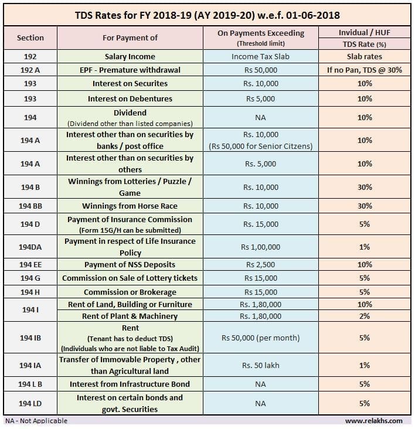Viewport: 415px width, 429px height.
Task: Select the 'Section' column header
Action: pyautogui.click(x=30, y=38)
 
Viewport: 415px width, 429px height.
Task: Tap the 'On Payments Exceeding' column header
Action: pyautogui.click(x=261, y=33)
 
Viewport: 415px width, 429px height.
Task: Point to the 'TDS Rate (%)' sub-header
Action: pyautogui.click(x=365, y=45)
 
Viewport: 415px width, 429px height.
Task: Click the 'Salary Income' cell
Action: pyautogui.click(x=130, y=57)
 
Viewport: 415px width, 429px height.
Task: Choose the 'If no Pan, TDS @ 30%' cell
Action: pyautogui.click(x=365, y=70)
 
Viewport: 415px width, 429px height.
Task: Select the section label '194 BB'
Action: pyautogui.click(x=30, y=206)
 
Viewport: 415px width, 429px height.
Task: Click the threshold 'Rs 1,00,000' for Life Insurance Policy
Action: pyautogui.click(x=260, y=247)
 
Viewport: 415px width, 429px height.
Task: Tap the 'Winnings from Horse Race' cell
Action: pyautogui.click(x=130, y=206)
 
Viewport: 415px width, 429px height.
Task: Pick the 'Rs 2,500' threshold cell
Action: pyautogui.click(x=260, y=265)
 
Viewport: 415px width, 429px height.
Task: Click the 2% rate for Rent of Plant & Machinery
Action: pyautogui.click(x=365, y=316)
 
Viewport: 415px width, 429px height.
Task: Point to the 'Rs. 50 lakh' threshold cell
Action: pyautogui.click(x=260, y=366)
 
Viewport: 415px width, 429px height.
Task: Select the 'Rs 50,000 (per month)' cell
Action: pyautogui.click(x=260, y=338)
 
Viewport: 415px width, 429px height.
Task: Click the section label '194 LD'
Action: pyautogui.click(x=30, y=404)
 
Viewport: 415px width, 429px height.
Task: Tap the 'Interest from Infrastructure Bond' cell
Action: pyautogui.click(x=130, y=384)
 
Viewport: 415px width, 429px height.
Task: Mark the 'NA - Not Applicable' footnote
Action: pyautogui.click(x=36, y=421)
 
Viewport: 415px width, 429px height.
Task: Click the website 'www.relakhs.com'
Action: pyautogui.click(x=374, y=421)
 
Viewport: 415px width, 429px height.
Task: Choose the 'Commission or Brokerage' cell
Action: pyautogui.click(x=130, y=292)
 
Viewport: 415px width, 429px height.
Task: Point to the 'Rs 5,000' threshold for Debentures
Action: pyautogui.click(x=260, y=99)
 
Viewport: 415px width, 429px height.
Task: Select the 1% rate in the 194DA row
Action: pyautogui.click(x=365, y=247)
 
